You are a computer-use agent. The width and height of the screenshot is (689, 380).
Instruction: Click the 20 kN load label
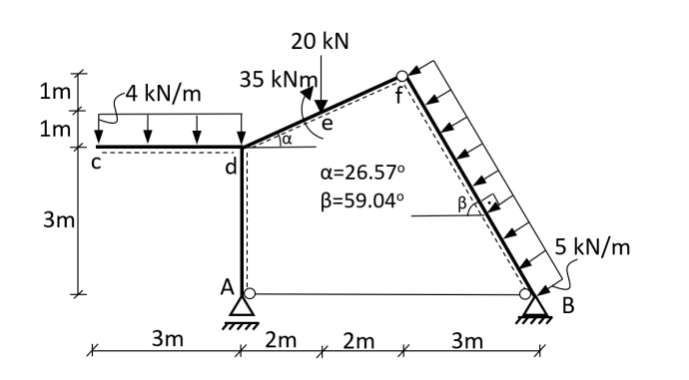[321, 42]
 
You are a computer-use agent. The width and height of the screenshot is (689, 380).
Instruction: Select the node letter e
[326, 124]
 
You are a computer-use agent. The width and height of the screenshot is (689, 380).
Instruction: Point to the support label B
[568, 306]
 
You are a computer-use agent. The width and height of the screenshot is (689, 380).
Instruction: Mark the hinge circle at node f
[401, 76]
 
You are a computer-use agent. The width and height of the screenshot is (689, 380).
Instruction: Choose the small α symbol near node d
[286, 140]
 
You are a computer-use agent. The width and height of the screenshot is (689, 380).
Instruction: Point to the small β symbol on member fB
[460, 204]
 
